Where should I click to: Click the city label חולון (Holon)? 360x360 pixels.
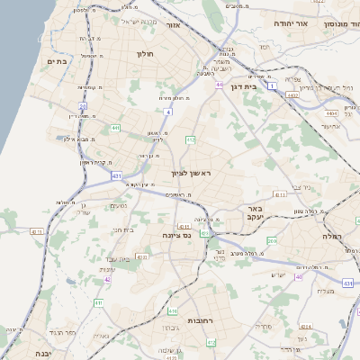(146, 54)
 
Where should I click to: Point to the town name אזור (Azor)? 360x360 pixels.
(174, 26)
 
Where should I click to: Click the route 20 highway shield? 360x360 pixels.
(82, 106)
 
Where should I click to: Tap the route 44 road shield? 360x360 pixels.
(219, 85)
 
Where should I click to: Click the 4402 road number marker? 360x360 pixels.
(292, 94)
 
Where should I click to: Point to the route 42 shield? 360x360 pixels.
(107, 280)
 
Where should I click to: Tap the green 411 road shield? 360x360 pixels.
(97, 303)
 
